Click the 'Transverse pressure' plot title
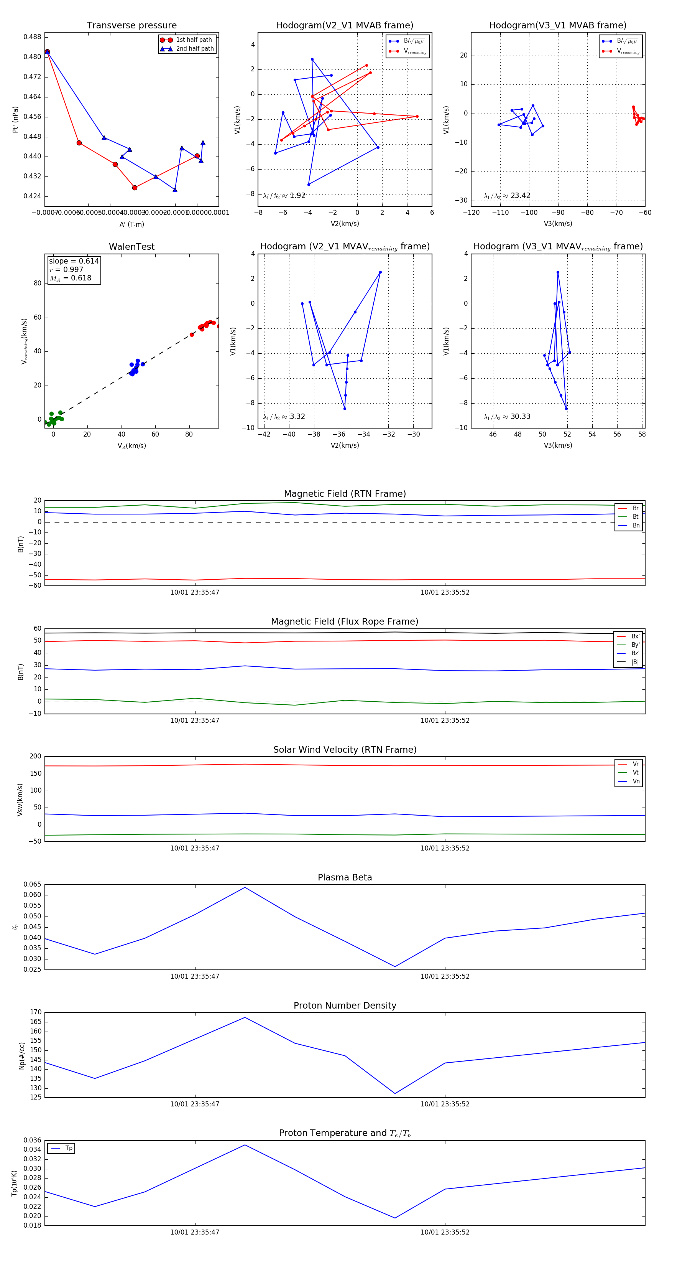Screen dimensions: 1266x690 131,26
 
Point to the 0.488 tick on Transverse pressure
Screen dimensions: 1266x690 33,37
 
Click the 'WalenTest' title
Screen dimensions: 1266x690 131,247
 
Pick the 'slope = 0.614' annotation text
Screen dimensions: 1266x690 74,261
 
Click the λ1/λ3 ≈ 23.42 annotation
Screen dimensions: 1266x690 507,196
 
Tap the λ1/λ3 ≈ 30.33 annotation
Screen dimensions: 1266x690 507,417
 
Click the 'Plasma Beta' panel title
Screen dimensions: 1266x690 345,878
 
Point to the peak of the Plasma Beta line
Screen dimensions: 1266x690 245,887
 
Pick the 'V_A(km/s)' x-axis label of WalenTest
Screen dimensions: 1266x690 131,446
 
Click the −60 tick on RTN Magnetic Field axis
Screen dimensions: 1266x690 34,586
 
